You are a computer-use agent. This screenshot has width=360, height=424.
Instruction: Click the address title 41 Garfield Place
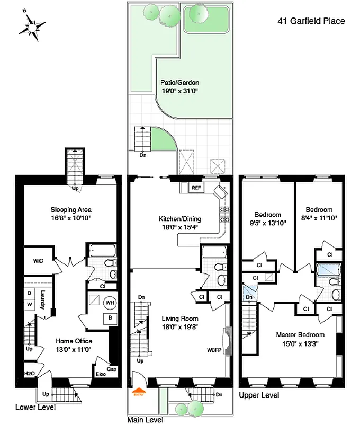click(x=311, y=21)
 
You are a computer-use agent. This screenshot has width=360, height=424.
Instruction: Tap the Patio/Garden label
click(x=180, y=83)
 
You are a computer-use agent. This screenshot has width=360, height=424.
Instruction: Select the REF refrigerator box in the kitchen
click(x=196, y=188)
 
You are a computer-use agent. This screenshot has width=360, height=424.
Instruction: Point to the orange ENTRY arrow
click(x=139, y=393)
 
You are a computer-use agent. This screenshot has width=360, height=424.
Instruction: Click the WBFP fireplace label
click(x=214, y=350)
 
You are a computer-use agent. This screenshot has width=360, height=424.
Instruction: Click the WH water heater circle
click(x=110, y=303)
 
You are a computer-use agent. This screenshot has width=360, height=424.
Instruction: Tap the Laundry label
click(x=43, y=299)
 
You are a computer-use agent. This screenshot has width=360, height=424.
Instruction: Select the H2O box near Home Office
click(x=30, y=374)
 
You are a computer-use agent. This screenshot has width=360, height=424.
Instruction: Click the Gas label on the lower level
click(x=111, y=369)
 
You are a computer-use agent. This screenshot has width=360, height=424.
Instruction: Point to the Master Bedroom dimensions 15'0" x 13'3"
click(x=300, y=343)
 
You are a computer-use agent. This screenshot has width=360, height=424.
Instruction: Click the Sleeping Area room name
click(x=71, y=209)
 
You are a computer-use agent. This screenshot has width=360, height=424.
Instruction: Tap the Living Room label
click(x=180, y=319)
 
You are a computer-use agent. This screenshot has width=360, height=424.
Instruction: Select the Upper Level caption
click(x=259, y=395)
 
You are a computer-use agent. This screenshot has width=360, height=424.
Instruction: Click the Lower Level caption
click(x=35, y=408)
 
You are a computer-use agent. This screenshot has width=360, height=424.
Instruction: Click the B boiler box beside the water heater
click(x=110, y=317)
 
